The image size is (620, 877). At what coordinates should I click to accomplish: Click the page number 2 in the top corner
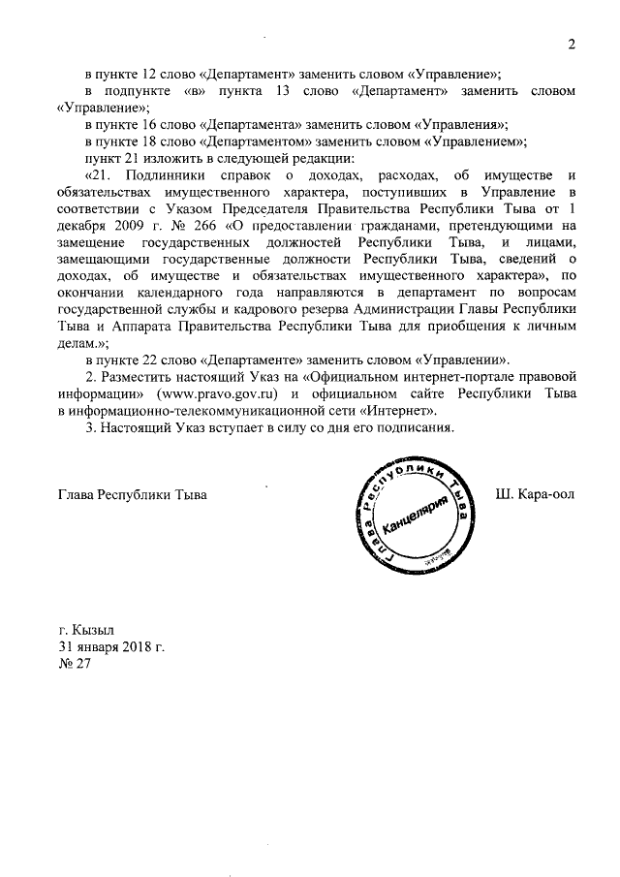(x=572, y=45)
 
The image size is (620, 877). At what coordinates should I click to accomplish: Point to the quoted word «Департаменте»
(x=247, y=360)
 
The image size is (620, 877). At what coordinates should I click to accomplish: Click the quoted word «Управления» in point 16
(x=459, y=124)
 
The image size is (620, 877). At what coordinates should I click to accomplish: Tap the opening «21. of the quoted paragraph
(x=104, y=174)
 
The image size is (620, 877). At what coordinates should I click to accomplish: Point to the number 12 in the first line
(x=150, y=74)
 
